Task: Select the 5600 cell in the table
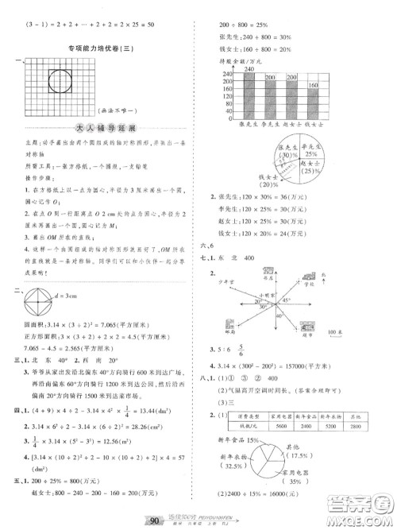(280, 425)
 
